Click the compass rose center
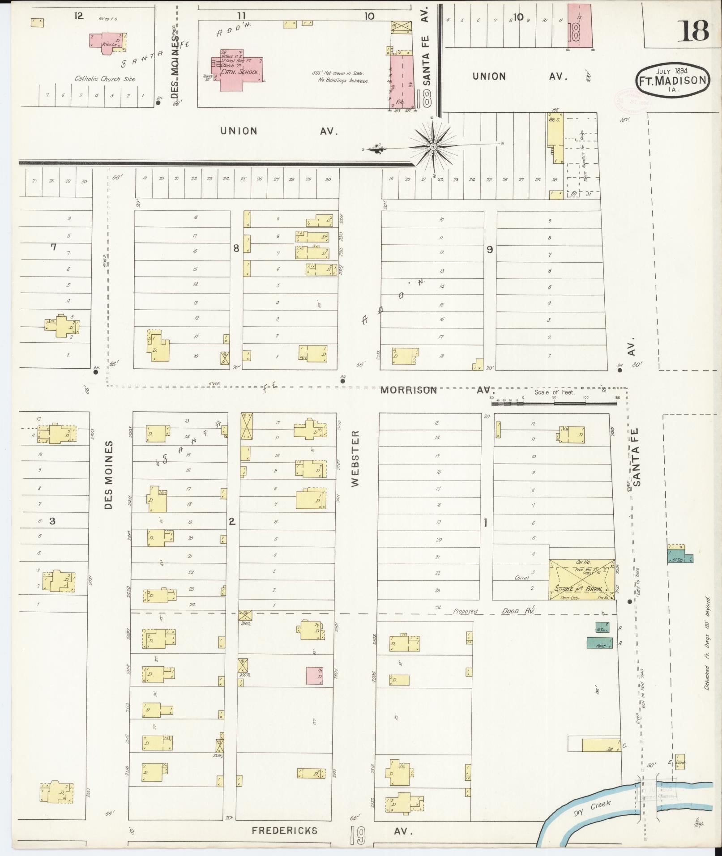click(433, 146)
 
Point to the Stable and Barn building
click(581, 579)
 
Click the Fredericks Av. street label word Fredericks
click(285, 831)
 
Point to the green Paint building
click(599, 643)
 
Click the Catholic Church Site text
click(105, 79)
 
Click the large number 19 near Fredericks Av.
click(358, 835)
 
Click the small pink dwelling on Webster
click(315, 676)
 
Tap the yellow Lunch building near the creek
click(680, 761)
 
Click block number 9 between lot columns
click(490, 249)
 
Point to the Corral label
click(522, 578)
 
